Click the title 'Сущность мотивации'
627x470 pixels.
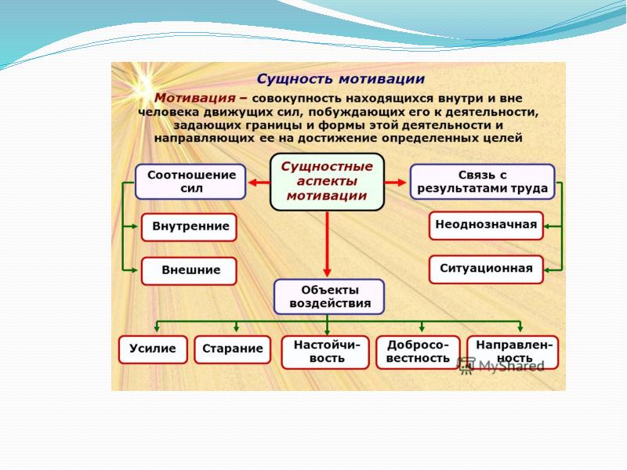[x=341, y=79]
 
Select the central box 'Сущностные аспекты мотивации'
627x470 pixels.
[x=327, y=182]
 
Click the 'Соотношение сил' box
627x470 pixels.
[x=190, y=181]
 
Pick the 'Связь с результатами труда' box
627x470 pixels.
[x=482, y=181]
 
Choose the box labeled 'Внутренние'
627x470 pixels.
[x=190, y=227]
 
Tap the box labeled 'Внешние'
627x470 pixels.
[x=190, y=270]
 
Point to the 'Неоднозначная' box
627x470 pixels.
[x=486, y=225]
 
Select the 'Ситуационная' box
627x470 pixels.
[x=486, y=269]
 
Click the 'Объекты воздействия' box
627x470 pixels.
[x=329, y=297]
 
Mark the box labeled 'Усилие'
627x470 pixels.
[x=153, y=349]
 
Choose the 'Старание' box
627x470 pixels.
[x=231, y=349]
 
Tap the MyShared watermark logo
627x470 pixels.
[x=502, y=365]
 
